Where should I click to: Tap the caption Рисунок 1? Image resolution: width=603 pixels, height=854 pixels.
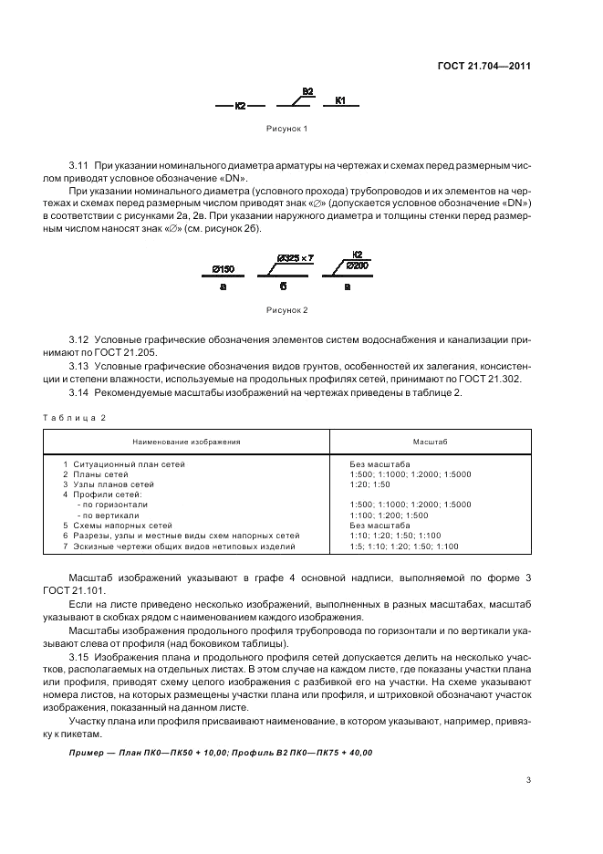tap(286, 129)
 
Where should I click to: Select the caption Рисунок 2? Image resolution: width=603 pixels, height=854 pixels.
tap(286, 310)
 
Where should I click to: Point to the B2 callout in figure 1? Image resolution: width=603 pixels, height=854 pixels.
tap(307, 91)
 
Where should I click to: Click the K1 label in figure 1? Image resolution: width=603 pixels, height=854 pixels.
tap(340, 100)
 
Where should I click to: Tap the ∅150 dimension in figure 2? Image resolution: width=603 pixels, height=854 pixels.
tap(222, 269)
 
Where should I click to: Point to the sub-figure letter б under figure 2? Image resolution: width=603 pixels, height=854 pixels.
tap(285, 286)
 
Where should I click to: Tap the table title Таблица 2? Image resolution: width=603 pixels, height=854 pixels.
tap(74, 417)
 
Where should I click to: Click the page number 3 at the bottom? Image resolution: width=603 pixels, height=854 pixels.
tap(528, 780)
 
